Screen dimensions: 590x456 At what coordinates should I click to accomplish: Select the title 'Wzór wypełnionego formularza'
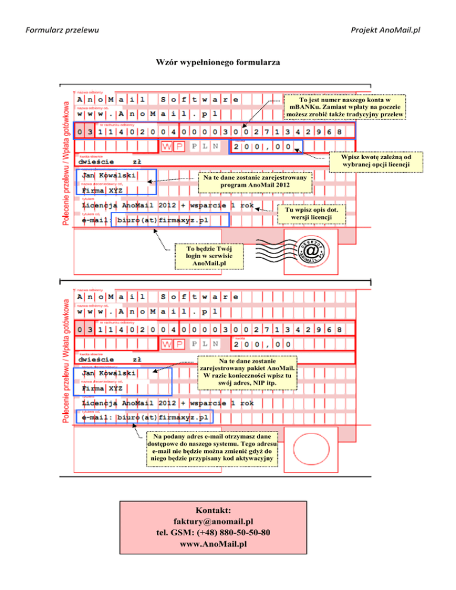click(218, 62)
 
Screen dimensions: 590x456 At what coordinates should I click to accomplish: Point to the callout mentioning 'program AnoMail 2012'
click(255, 181)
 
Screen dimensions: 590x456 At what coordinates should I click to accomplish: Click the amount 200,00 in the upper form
click(262, 146)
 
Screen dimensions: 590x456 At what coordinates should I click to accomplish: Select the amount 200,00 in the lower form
click(262, 344)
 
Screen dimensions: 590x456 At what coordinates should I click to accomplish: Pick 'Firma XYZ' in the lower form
click(103, 388)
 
